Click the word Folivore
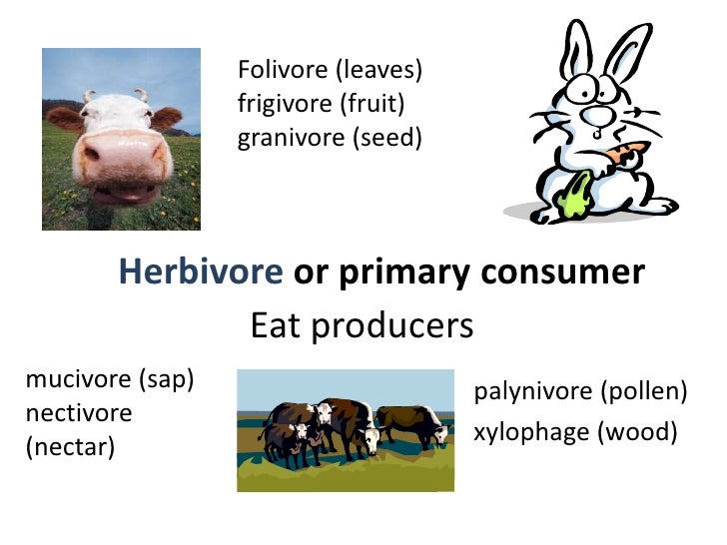pos(284,70)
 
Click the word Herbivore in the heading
pos(202,272)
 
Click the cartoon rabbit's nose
pos(597,112)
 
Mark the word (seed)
pos(387,138)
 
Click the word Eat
pos(275,325)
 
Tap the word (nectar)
pos(70,447)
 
